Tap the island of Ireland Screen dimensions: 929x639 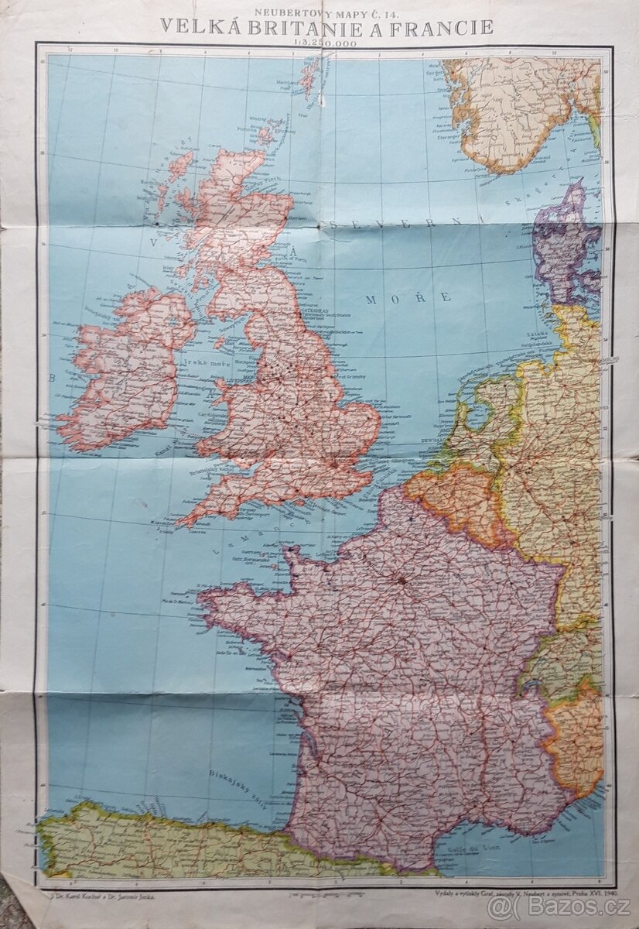click(x=128, y=364)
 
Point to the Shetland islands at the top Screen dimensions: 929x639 click(x=311, y=74)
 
